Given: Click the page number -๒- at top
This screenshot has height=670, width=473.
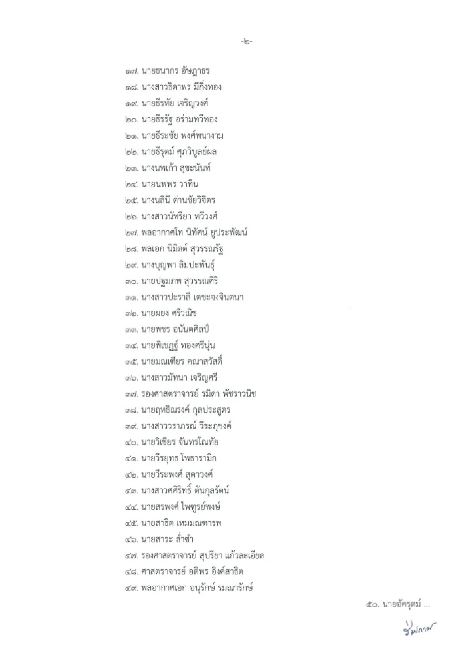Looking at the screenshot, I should coord(247,42).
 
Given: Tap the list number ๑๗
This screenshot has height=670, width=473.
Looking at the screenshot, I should coord(132,71).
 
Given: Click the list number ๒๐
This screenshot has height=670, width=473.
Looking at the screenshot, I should coord(132,120).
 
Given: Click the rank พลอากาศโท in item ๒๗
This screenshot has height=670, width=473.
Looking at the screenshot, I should coord(162,233).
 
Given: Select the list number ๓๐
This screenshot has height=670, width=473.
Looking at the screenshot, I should coord(132,281).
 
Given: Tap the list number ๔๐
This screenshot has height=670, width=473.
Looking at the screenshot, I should coord(132,442).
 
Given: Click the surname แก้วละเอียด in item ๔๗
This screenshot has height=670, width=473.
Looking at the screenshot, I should coord(244,556).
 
